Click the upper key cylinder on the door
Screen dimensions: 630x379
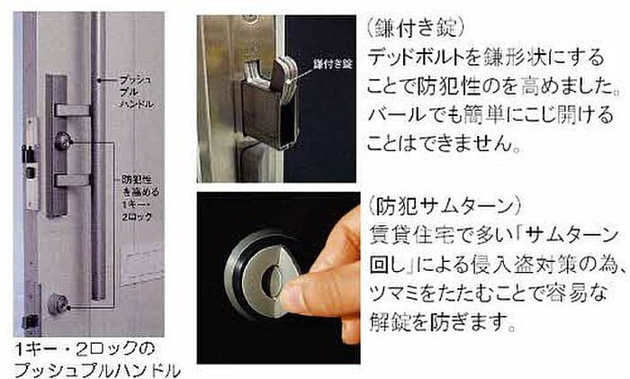point(63,141)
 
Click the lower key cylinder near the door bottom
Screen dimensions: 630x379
point(58,304)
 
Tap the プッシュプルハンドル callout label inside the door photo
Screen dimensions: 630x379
point(137,92)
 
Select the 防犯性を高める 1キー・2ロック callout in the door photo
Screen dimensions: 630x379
point(139,198)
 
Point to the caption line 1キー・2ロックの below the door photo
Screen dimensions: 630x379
point(85,349)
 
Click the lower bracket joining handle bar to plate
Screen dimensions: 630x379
point(73,180)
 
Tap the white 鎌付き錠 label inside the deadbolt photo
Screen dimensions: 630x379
point(333,64)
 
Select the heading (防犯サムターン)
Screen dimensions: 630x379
point(445,206)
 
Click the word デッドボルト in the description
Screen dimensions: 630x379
point(416,58)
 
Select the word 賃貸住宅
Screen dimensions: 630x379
point(412,235)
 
